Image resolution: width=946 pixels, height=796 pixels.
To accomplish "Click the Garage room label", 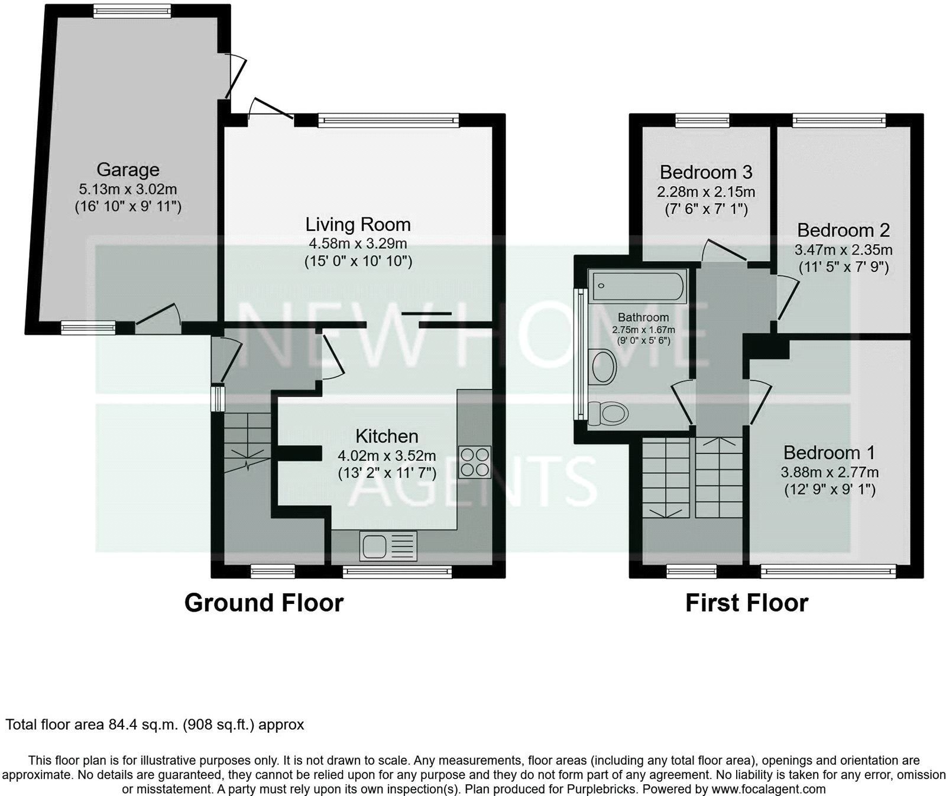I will point(128,170).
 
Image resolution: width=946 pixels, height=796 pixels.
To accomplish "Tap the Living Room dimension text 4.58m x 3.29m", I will point(358,243).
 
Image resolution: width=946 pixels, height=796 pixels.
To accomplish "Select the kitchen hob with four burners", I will point(475,462).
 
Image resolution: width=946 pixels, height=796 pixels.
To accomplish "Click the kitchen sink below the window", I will point(388,545).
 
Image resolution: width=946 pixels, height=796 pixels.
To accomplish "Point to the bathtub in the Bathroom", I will point(637,287).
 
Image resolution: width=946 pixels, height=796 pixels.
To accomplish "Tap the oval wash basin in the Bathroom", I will point(604,366).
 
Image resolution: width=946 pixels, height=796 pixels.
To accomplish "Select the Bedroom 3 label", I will point(706,172).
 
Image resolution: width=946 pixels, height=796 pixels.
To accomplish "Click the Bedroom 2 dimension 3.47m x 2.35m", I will point(843,249).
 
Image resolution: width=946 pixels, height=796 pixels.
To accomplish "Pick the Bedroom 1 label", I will point(829,453).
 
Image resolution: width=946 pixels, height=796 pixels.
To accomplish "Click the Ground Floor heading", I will point(264,603).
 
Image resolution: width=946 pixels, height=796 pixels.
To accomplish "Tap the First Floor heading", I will point(746,603).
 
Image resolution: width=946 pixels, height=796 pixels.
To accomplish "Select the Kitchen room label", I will point(387,436).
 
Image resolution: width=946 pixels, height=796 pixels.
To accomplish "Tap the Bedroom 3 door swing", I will point(723,251).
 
